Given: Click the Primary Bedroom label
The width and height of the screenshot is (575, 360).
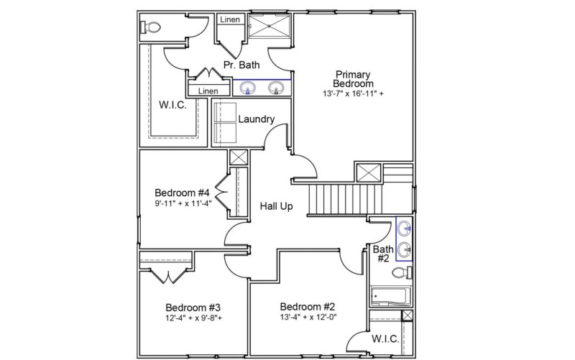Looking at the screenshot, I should [x=353, y=79].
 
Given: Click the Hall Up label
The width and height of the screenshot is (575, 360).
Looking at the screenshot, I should [x=276, y=206].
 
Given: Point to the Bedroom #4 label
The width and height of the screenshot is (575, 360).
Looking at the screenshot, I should [x=182, y=193].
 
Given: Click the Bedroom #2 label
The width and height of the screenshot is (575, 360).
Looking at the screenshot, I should [x=307, y=304].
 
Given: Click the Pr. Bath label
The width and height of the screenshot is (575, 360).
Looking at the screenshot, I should [x=241, y=65].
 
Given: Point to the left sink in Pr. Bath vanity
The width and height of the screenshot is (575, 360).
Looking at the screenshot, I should [x=249, y=88].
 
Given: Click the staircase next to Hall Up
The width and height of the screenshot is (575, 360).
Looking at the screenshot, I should [x=338, y=198].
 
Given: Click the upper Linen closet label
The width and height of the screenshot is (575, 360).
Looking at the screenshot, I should [x=229, y=19].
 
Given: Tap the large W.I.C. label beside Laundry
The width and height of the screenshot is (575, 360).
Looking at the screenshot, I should [x=172, y=106].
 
